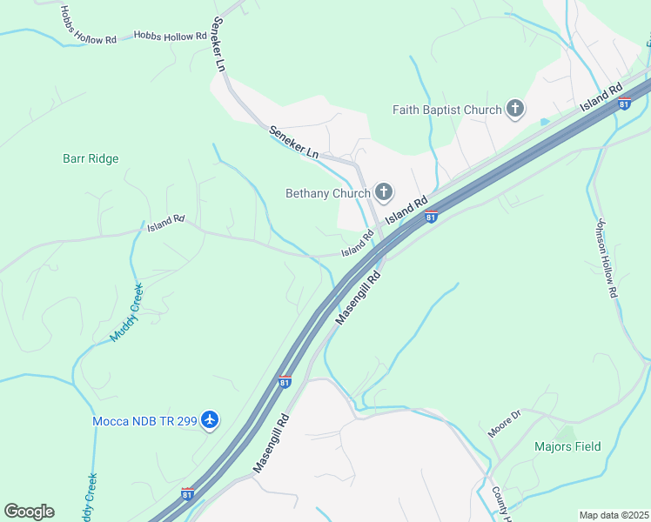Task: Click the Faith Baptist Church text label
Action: [446, 110]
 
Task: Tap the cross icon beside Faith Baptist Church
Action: [515, 109]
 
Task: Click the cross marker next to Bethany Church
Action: [382, 192]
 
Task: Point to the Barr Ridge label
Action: [91, 159]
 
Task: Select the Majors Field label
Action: [567, 447]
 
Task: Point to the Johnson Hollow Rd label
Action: [606, 258]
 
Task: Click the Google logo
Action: [29, 512]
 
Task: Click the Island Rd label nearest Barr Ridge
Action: [165, 224]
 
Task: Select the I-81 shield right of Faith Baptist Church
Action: [623, 104]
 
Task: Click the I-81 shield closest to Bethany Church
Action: [431, 217]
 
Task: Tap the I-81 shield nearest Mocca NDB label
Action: [284, 381]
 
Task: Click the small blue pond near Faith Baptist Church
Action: [545, 122]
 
